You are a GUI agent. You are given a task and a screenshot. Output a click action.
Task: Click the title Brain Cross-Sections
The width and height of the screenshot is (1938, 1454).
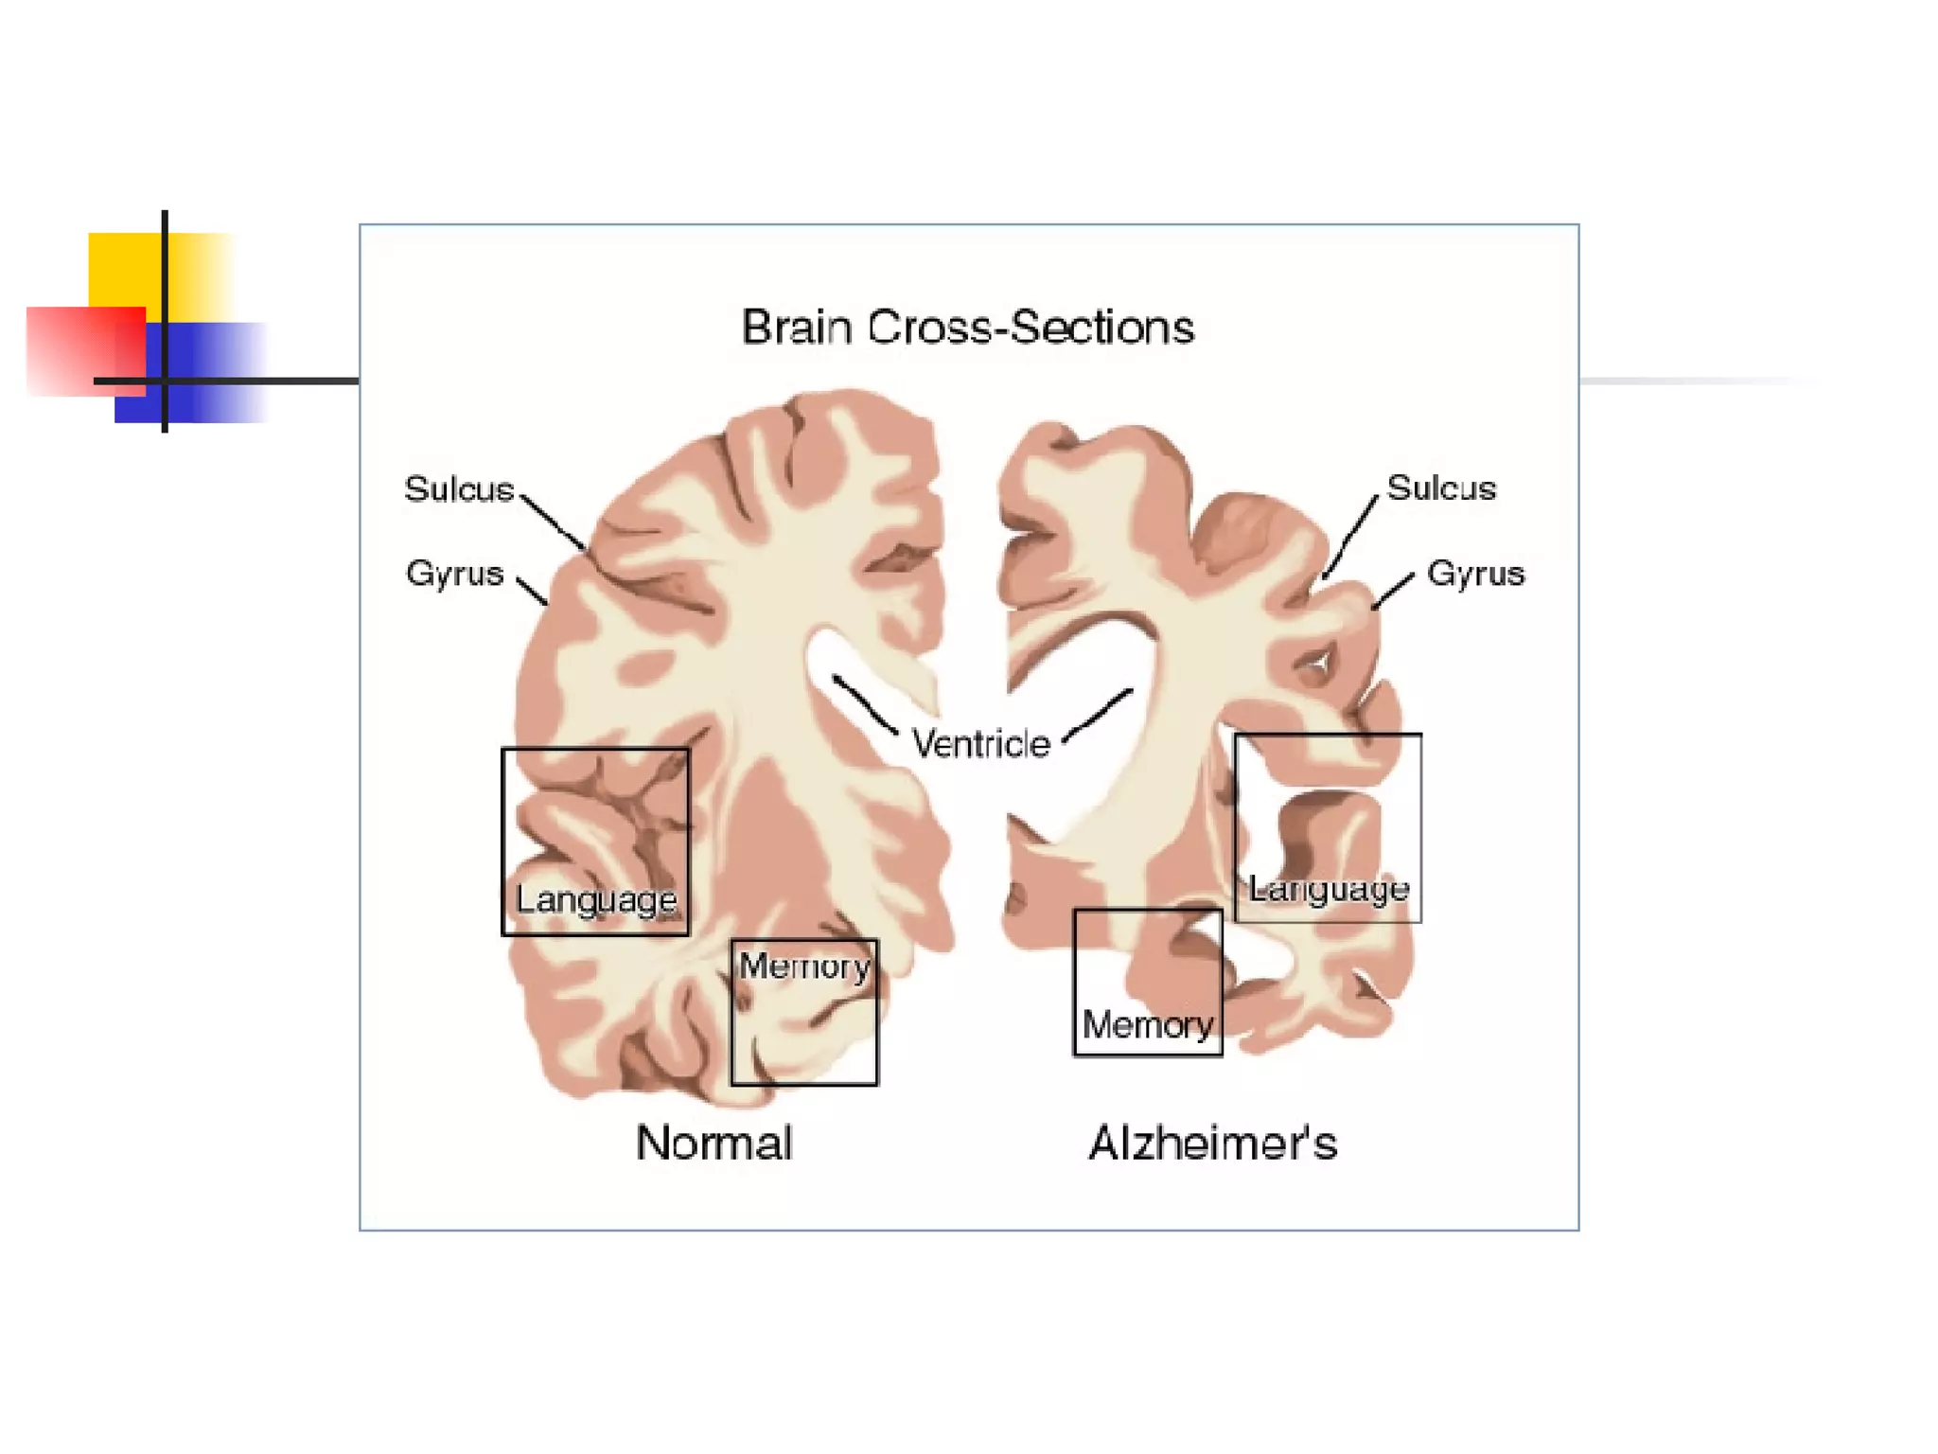(967, 328)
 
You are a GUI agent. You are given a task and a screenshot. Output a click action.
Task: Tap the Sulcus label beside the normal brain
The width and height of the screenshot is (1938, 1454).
(459, 489)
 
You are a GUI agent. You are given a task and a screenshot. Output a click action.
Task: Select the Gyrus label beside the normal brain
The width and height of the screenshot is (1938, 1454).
(454, 574)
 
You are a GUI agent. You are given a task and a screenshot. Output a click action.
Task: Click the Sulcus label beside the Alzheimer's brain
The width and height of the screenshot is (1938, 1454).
(1441, 488)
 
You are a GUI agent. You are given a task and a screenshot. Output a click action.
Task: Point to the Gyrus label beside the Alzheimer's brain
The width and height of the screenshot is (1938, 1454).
(1475, 574)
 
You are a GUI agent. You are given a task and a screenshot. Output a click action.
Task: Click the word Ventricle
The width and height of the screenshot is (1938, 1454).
(980, 744)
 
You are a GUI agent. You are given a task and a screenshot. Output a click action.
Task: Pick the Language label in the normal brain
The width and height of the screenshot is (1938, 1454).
(596, 899)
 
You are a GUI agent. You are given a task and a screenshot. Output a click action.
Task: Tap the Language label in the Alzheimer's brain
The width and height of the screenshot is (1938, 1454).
(1329, 889)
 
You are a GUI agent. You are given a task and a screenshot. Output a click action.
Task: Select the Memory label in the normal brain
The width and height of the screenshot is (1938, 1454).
(804, 966)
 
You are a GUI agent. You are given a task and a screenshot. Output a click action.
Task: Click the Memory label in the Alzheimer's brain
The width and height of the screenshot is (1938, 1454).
(1147, 1024)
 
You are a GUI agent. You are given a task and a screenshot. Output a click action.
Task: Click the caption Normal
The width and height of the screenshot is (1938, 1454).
(714, 1143)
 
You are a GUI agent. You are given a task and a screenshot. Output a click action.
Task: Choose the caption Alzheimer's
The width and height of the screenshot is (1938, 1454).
(1213, 1143)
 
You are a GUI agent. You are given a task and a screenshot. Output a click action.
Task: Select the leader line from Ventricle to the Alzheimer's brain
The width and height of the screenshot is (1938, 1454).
(1098, 715)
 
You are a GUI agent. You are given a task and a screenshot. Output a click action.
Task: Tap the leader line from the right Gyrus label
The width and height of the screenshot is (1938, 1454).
(1392, 591)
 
